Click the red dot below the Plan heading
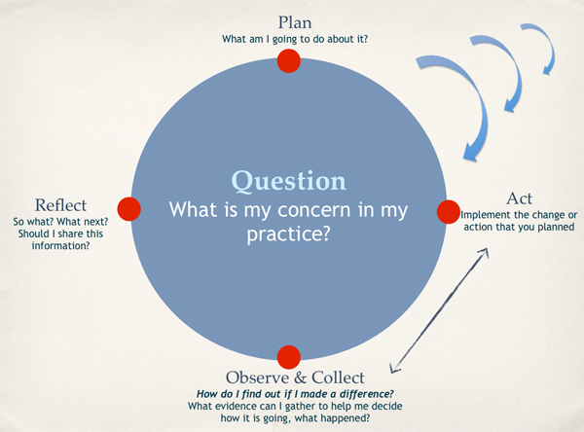(x=288, y=61)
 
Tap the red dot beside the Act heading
(x=447, y=210)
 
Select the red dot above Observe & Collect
(x=288, y=356)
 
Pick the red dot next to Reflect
(x=129, y=209)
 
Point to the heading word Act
(x=519, y=198)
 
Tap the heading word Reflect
(x=60, y=205)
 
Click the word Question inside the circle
(x=288, y=182)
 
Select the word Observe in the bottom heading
(x=257, y=377)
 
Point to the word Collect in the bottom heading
(x=336, y=377)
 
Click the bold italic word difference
(x=358, y=392)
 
